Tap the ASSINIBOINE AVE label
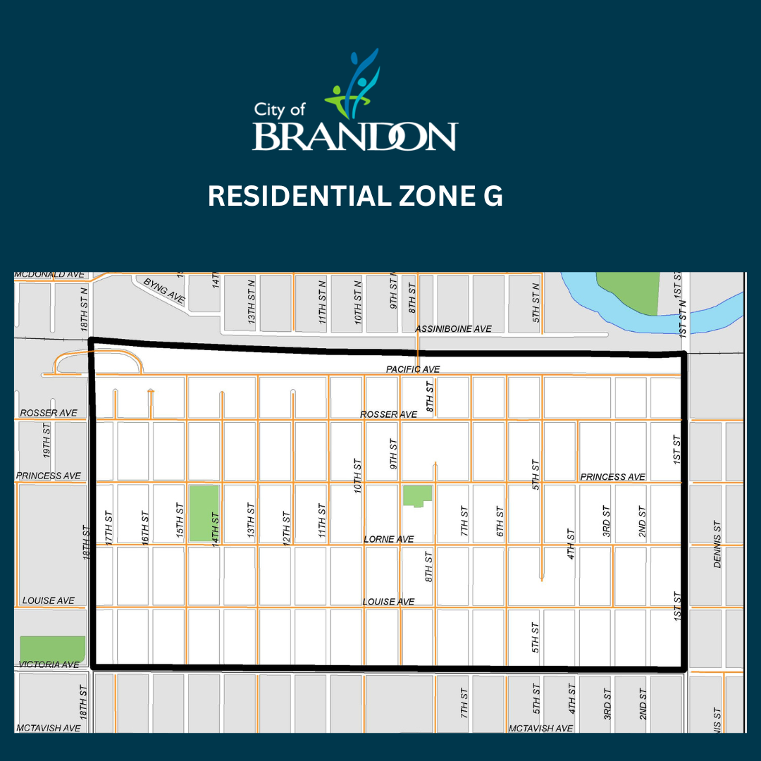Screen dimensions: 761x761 [453, 329]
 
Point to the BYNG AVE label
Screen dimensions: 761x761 [164, 291]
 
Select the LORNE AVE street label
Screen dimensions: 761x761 [388, 539]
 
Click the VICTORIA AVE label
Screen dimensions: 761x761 [49, 664]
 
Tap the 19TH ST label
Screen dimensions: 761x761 [47, 438]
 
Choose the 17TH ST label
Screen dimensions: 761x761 [109, 526]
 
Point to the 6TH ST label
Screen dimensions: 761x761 [500, 521]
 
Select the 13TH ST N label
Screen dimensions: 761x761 [252, 304]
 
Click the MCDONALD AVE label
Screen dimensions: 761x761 [49, 274]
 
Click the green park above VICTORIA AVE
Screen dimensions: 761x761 [52, 648]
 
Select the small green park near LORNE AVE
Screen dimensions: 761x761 [416, 495]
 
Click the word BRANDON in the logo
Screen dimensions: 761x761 [354, 136]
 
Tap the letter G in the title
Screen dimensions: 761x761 [493, 197]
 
